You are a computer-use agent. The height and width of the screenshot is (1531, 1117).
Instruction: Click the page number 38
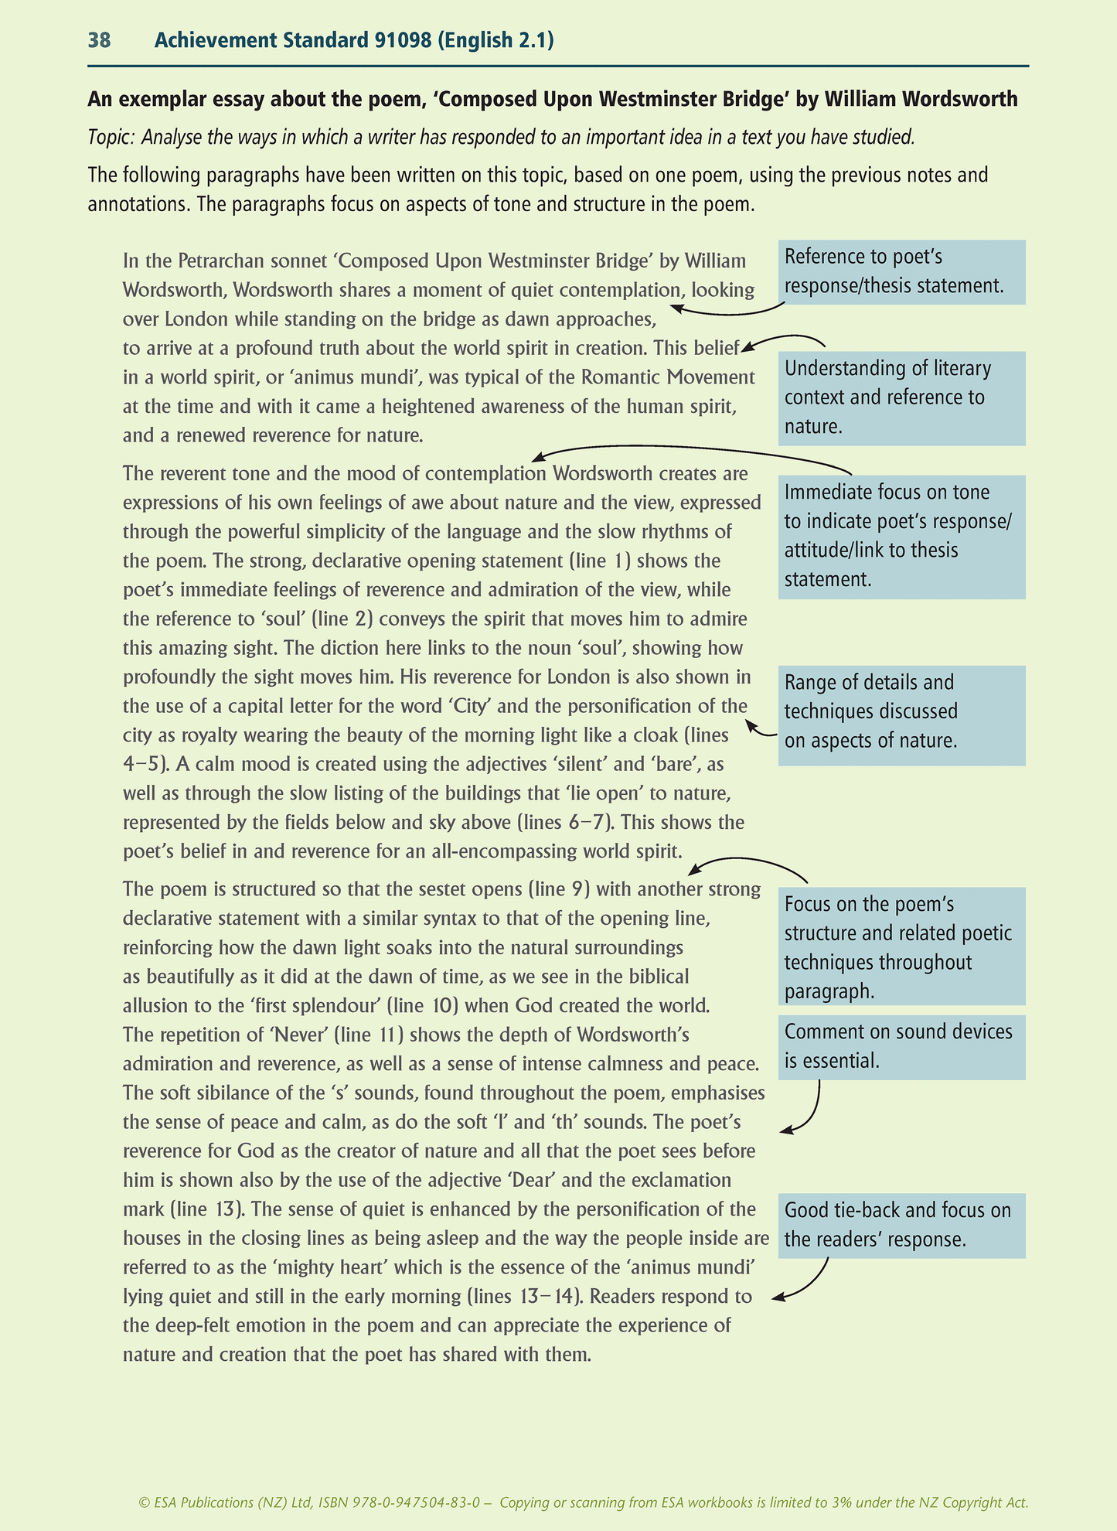point(99,40)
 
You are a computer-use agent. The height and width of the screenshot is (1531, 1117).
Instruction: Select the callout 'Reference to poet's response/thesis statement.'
point(901,271)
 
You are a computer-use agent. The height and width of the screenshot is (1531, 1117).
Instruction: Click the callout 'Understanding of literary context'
point(901,397)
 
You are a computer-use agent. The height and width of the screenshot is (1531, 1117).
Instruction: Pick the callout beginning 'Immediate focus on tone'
point(901,536)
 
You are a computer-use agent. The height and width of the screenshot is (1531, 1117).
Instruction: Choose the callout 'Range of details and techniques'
point(901,712)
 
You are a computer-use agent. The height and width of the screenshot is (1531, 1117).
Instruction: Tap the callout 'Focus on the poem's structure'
point(901,947)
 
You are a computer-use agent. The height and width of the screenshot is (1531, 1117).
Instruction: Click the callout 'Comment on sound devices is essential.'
point(901,1046)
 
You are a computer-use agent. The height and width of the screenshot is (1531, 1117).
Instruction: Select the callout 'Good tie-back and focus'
point(901,1225)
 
